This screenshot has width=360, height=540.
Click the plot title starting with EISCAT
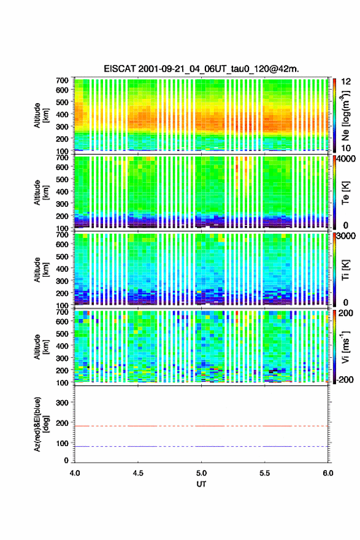pyautogui.click(x=201, y=69)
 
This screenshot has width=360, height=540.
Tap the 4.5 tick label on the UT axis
pyautogui.click(x=138, y=473)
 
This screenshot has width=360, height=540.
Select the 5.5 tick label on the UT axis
pyautogui.click(x=265, y=473)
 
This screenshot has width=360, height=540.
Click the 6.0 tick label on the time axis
pyautogui.click(x=328, y=473)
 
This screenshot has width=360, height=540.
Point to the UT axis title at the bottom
pyautogui.click(x=201, y=484)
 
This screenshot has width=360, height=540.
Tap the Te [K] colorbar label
pyautogui.click(x=345, y=193)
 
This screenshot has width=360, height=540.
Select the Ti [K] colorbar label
pyautogui.click(x=345, y=270)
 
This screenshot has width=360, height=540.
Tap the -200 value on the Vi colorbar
pyautogui.click(x=343, y=379)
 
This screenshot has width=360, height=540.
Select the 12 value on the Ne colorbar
pyautogui.click(x=347, y=82)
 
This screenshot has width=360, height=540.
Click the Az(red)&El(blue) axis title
pyautogui.click(x=42, y=424)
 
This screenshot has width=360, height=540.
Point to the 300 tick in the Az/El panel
pyautogui.click(x=62, y=403)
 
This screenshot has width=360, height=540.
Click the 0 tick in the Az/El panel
pyautogui.click(x=66, y=460)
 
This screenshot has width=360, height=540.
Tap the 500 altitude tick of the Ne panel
pyautogui.click(x=62, y=102)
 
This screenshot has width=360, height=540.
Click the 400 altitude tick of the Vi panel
pyautogui.click(x=62, y=345)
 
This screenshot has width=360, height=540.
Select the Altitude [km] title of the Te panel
pyautogui.click(x=42, y=192)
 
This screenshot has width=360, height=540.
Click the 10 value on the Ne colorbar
pyautogui.click(x=347, y=148)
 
